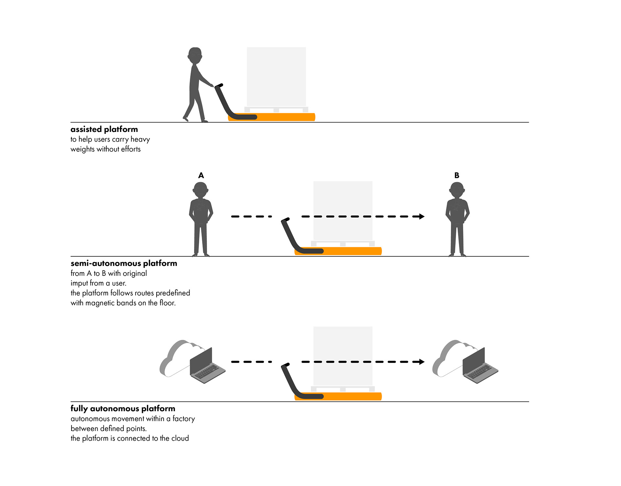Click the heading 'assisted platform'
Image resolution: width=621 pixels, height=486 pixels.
point(104,129)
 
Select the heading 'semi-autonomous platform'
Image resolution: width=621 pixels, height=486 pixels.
point(124,263)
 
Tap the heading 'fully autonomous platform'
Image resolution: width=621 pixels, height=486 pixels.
point(123,408)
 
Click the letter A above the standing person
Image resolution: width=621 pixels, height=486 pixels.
point(201,176)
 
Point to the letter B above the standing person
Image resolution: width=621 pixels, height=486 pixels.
point(457,176)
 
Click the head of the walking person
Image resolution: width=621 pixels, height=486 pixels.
point(195,56)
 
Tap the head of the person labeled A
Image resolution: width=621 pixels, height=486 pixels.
point(201,190)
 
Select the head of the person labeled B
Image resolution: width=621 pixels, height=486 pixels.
point(457,190)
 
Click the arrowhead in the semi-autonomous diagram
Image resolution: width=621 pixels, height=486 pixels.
point(421,216)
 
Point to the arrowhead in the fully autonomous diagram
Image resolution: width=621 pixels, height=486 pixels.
point(421,362)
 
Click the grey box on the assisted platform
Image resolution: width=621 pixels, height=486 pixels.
point(276,77)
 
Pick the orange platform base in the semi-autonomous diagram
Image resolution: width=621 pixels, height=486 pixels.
point(353,251)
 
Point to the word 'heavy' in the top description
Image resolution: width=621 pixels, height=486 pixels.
point(140,139)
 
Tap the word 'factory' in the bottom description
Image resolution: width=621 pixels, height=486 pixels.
point(184,419)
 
